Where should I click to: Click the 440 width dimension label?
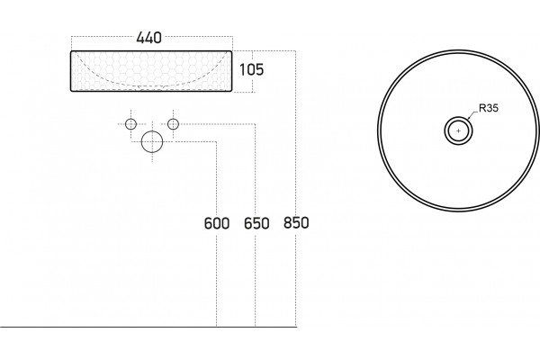click(x=148, y=38)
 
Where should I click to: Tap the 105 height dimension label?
click(x=251, y=69)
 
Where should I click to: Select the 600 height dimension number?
click(x=217, y=223)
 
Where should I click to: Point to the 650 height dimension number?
click(x=256, y=223)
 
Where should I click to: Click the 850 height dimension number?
click(x=296, y=222)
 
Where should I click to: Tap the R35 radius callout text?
click(x=489, y=108)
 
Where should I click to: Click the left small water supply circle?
click(x=130, y=124)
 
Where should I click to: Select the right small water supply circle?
click(x=173, y=124)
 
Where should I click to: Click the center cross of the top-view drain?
click(x=458, y=130)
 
